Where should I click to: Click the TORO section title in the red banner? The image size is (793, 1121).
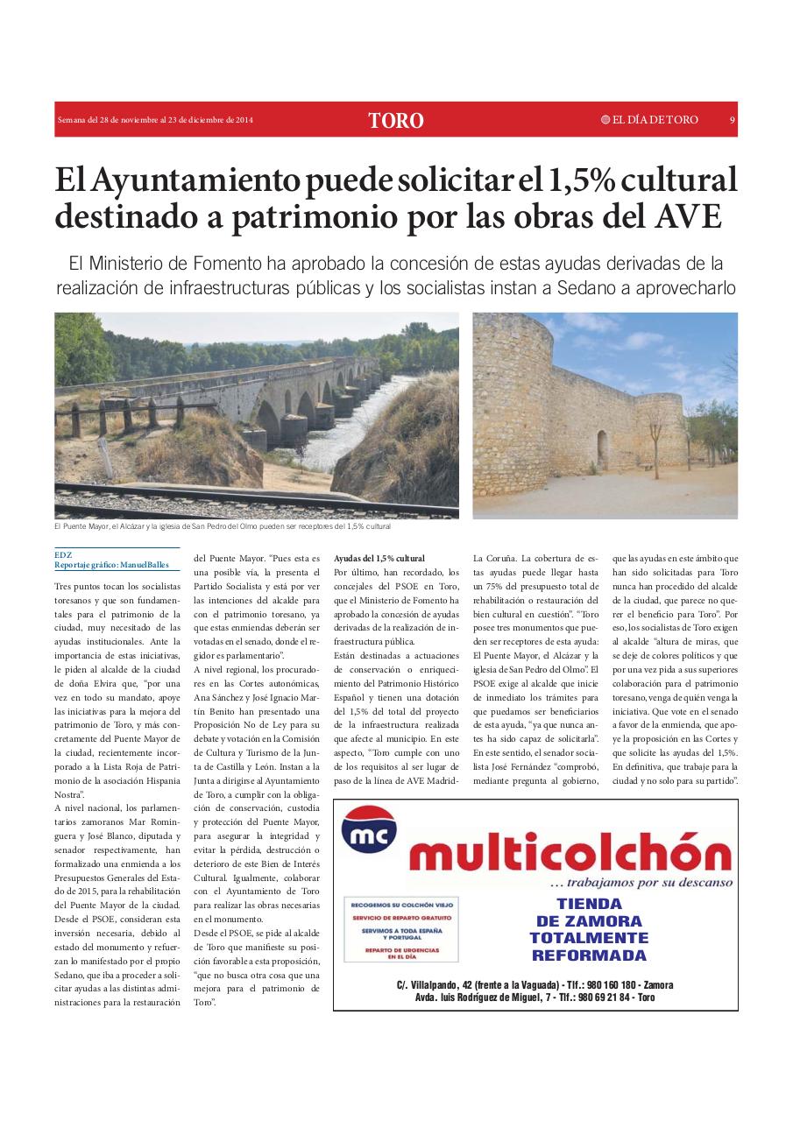(396, 121)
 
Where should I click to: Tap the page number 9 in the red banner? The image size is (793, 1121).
(731, 120)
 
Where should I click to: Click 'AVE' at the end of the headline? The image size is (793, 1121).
(687, 215)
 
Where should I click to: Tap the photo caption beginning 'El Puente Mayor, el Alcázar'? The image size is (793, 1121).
(222, 527)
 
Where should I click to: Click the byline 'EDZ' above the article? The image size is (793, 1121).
(62, 554)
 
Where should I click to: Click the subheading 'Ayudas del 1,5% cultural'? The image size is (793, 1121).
(379, 558)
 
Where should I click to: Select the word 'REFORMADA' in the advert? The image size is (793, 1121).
(589, 955)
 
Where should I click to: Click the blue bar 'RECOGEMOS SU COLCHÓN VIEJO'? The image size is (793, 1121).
(402, 904)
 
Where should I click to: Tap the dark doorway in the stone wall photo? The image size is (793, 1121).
(602, 448)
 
